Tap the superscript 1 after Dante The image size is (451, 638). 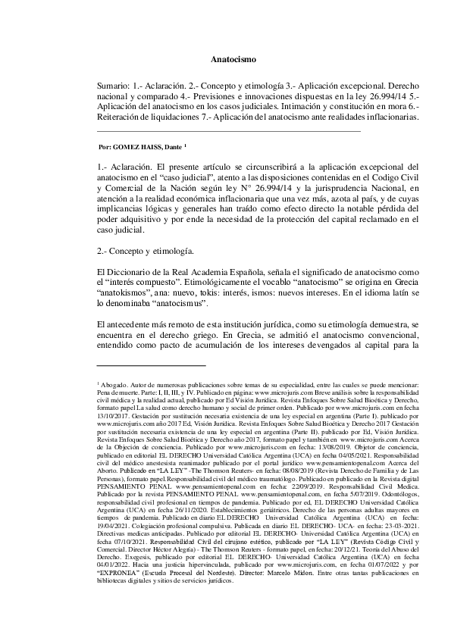point(186,145)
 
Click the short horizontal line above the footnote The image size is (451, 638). point(142,366)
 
